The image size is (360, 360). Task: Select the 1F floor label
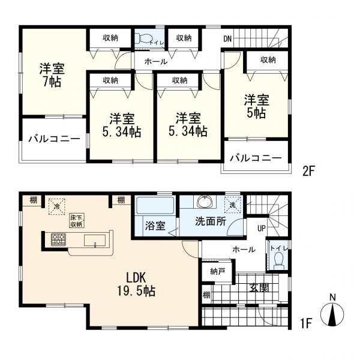307,325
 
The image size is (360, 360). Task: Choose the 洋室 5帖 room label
256,106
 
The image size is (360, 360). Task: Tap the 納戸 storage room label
218,271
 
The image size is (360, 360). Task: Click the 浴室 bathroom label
155,227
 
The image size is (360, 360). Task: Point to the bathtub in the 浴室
155,205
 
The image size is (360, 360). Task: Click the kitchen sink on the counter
95,240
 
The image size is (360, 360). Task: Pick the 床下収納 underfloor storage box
76,220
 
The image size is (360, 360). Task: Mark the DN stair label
227,39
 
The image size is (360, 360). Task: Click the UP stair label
261,229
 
